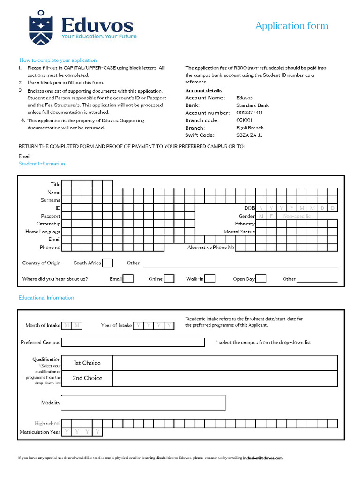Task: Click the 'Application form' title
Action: tap(292, 26)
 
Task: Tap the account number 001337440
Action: tap(249, 113)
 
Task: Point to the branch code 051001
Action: tap(245, 120)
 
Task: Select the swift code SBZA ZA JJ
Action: tap(249, 135)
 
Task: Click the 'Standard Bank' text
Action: tap(252, 105)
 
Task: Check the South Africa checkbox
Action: tap(107, 263)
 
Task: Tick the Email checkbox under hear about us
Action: tap(128, 279)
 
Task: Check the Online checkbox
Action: tap(169, 279)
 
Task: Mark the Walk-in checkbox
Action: tap(210, 279)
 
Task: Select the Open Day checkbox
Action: tap(261, 279)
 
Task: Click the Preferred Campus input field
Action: tap(133, 342)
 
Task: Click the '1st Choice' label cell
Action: tap(87, 363)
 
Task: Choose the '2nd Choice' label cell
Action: tap(87, 378)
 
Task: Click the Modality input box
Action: tap(143, 403)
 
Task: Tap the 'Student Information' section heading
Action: tap(42, 164)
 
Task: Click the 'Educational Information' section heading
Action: tap(46, 298)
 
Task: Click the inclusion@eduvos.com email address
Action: tap(262, 458)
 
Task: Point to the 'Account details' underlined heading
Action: tap(203, 90)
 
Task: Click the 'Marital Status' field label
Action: tap(239, 232)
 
